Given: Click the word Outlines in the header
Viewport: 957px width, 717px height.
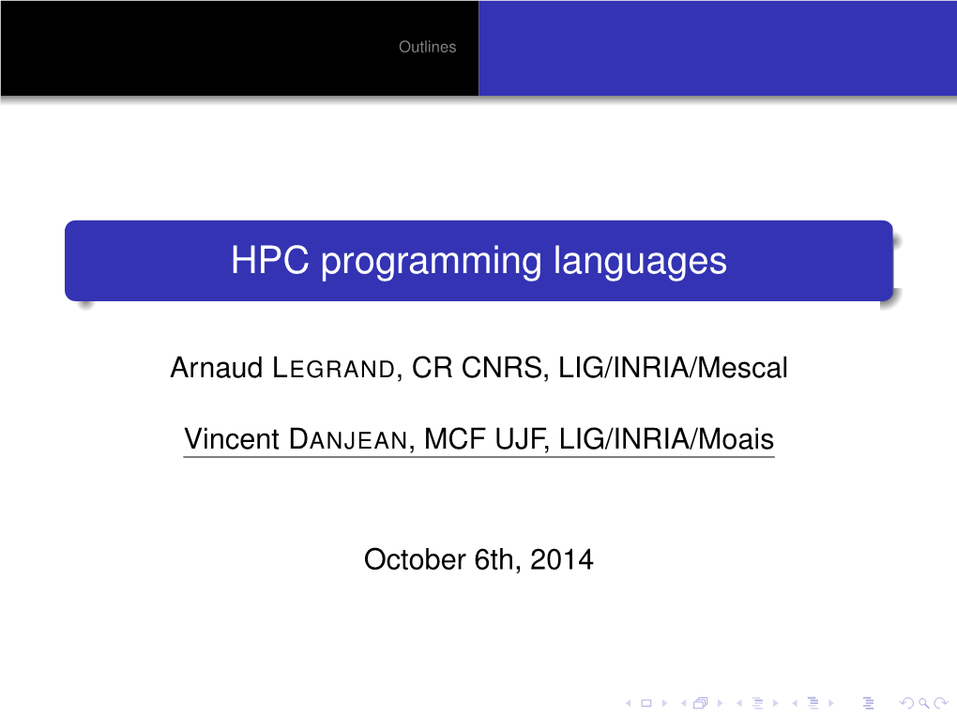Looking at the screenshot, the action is click(x=427, y=47).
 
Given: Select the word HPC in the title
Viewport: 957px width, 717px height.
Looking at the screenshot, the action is click(x=270, y=260).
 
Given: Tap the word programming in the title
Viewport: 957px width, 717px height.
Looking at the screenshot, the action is click(x=431, y=263).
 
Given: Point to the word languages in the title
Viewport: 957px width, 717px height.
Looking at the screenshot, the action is click(x=640, y=263).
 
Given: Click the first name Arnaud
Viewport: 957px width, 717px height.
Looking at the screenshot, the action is click(x=216, y=368).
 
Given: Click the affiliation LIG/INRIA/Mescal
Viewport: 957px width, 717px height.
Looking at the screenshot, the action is click(x=674, y=368).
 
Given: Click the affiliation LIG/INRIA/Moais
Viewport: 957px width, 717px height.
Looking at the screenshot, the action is click(x=666, y=439).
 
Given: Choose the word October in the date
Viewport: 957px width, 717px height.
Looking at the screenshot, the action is click(x=415, y=559).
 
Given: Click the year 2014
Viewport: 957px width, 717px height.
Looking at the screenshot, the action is click(x=561, y=559).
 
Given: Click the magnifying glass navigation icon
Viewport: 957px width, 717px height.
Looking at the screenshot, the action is click(x=924, y=704).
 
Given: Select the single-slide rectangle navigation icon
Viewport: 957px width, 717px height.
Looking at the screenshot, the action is click(x=646, y=704).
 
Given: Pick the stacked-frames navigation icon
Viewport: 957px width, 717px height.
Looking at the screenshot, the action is click(x=701, y=704).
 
